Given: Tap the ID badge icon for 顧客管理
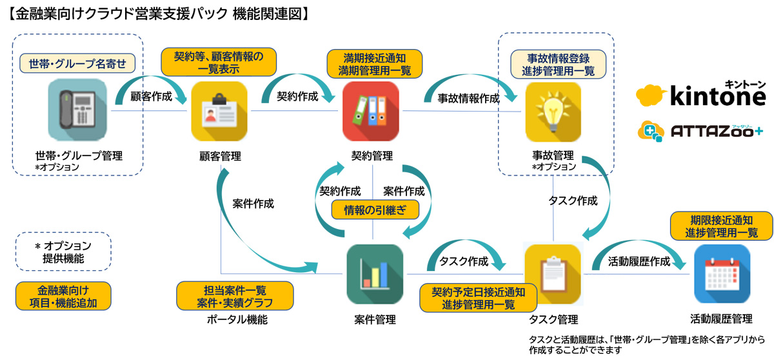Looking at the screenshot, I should pos(219,110).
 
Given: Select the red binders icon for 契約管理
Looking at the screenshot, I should pos(370,110).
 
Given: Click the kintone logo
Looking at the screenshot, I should pos(701,95).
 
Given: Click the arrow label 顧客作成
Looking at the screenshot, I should pos(151,96).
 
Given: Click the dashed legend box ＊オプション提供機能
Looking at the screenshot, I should pos(63,252).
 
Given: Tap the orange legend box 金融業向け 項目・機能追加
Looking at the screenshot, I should pos(63,295).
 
